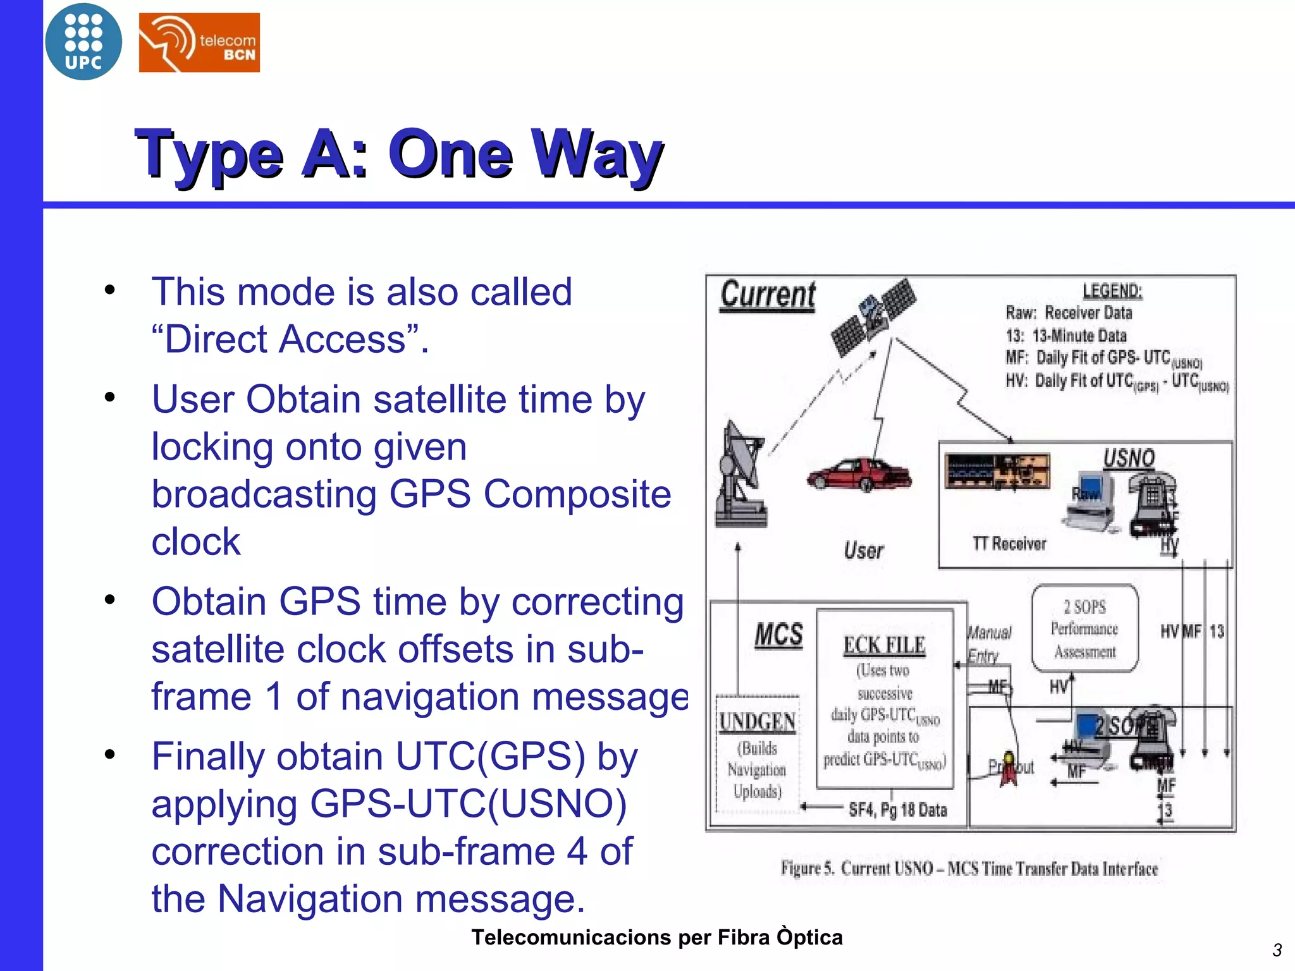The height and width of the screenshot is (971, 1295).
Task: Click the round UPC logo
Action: coord(83,42)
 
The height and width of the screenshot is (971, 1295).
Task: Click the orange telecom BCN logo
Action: coord(199,42)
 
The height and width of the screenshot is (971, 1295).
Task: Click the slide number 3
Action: coord(1277,950)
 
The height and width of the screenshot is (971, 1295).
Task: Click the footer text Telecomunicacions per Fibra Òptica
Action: coord(656,937)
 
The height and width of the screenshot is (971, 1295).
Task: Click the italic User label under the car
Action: coord(863,551)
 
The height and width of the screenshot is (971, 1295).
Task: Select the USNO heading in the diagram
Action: coord(1129,458)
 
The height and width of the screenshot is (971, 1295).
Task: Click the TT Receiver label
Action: coord(1009,544)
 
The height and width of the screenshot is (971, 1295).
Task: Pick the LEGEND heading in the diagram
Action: coord(1112,291)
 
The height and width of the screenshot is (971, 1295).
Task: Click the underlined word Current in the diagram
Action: coord(768,295)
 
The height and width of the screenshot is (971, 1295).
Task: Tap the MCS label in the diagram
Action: coord(778,635)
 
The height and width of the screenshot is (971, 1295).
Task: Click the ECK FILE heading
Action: coord(884,645)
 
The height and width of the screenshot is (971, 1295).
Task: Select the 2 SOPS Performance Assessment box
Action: coord(1084,628)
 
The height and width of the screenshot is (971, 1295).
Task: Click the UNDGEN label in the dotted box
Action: coord(757,722)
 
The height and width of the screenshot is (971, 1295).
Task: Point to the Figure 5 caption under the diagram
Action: coord(969,869)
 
